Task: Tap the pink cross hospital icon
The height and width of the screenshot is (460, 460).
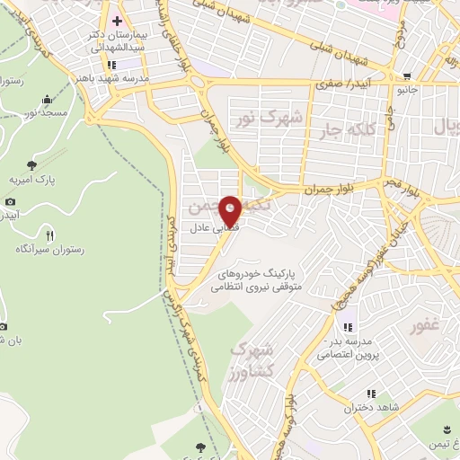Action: point(117,21)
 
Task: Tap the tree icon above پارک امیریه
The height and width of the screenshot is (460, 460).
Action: point(32,164)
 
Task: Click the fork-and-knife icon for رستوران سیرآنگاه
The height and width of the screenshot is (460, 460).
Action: point(49,235)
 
